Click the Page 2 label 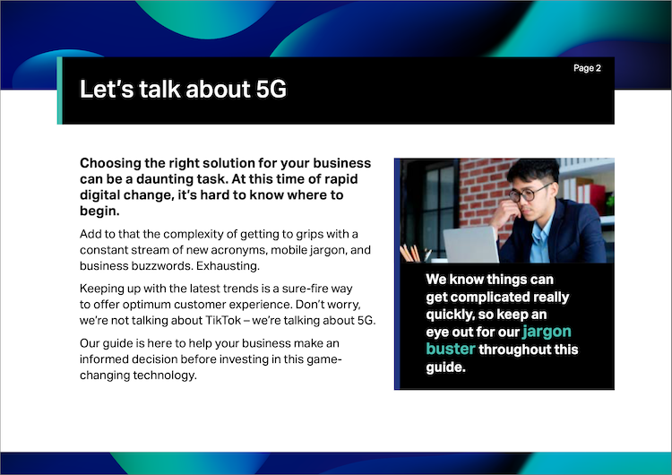tap(587, 68)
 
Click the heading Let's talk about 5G tap(183, 89)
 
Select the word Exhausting tap(228, 266)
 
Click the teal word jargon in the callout tap(547, 332)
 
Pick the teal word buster tap(451, 349)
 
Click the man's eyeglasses tap(530, 193)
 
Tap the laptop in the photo tap(470, 244)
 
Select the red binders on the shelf tap(593, 198)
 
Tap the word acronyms tap(239, 250)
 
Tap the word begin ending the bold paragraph tap(99, 211)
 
